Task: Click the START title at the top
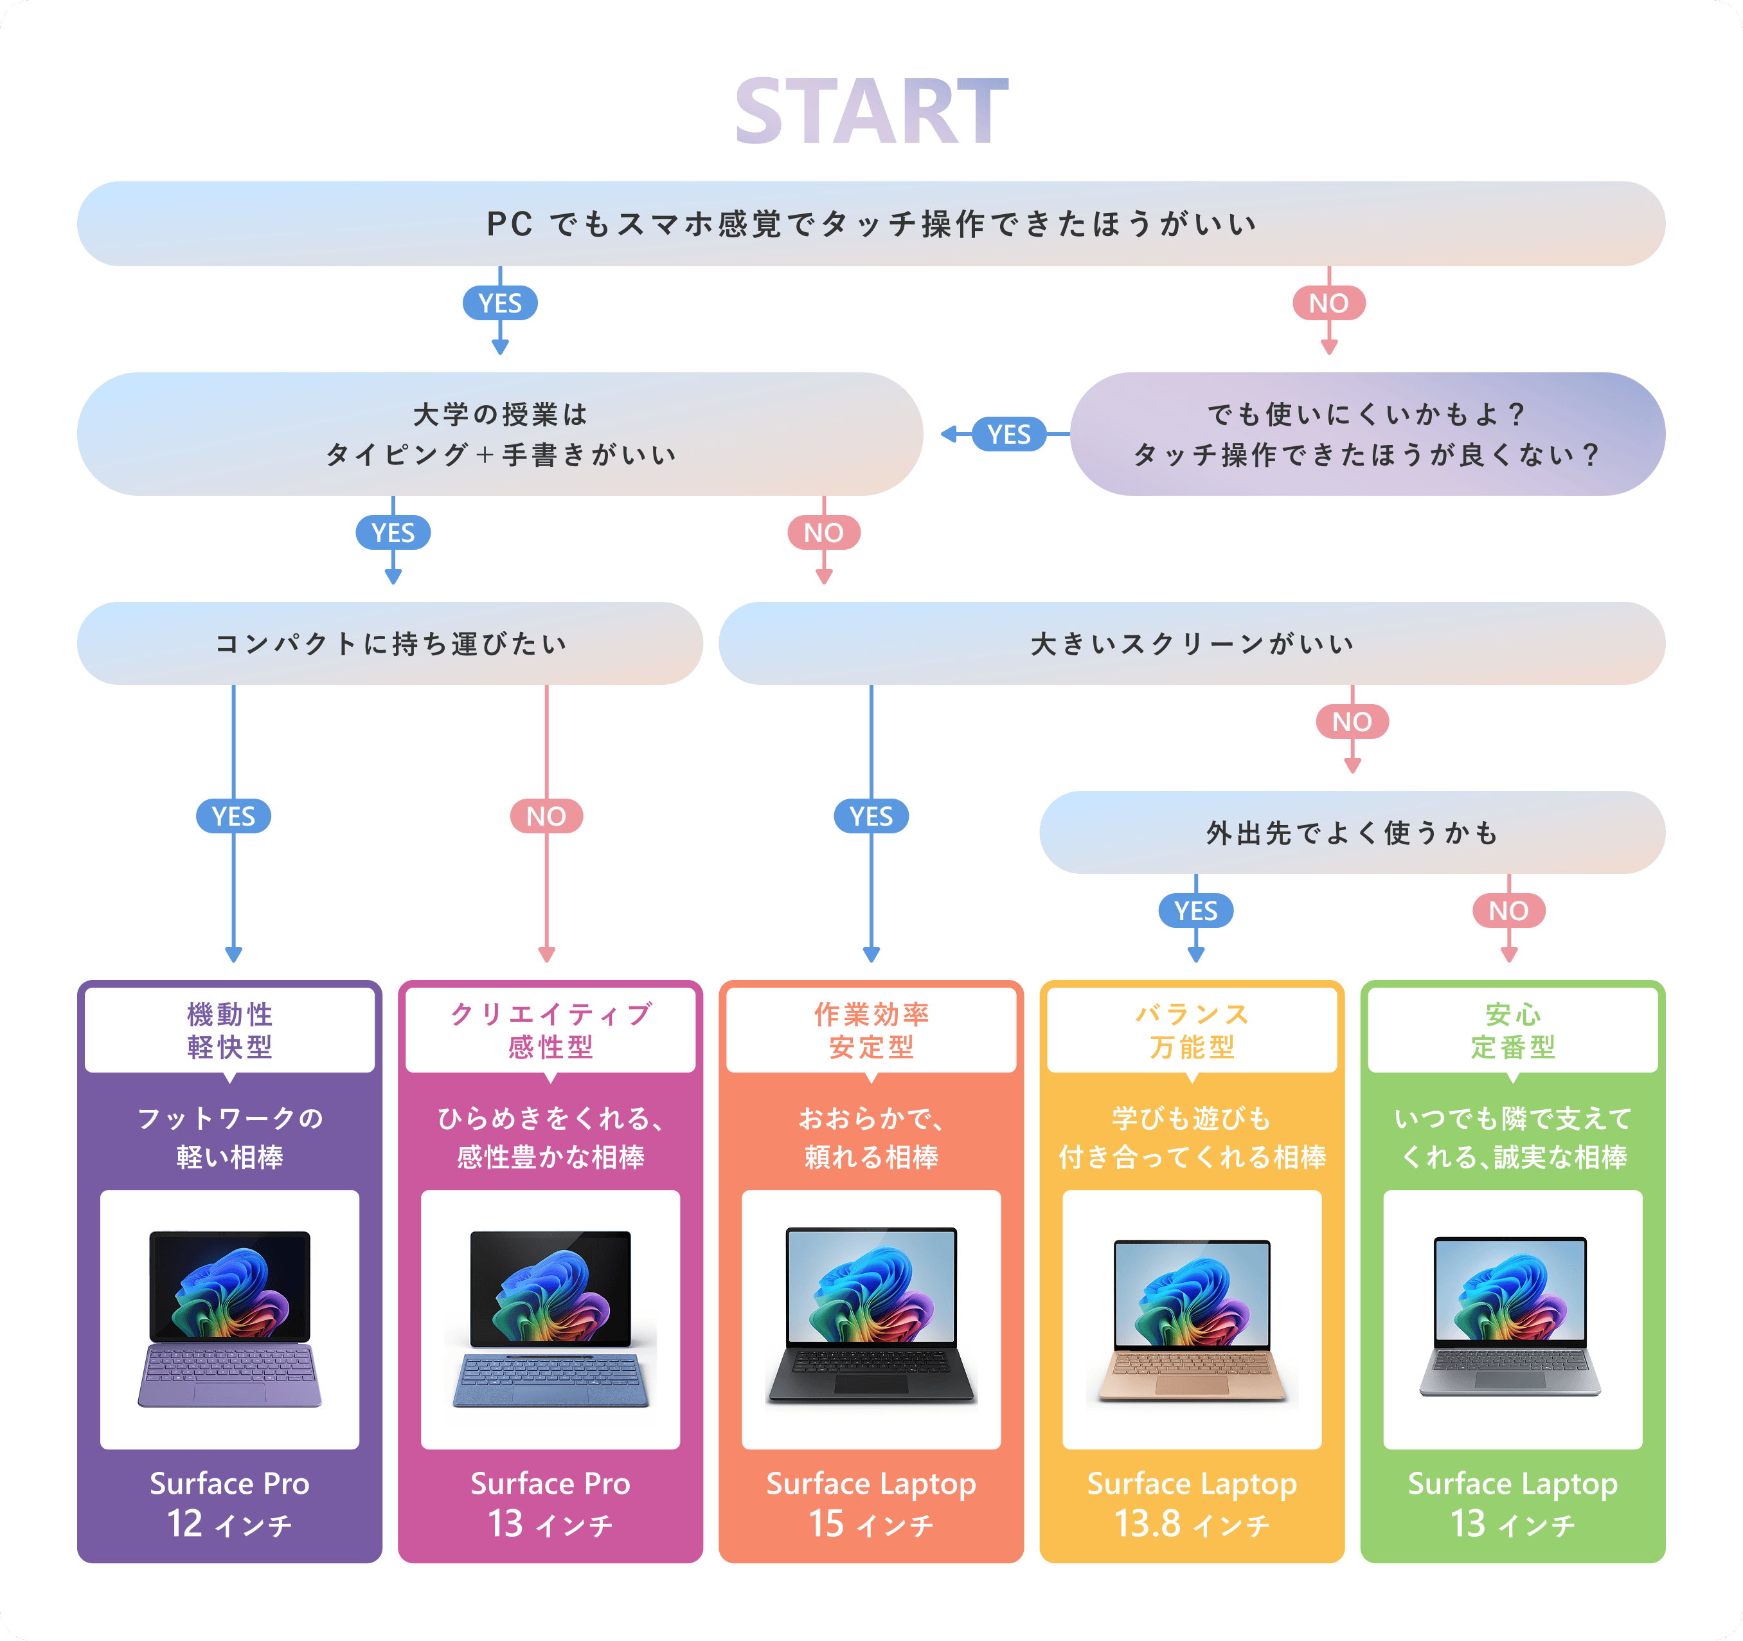[871, 111]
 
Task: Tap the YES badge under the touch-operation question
[500, 304]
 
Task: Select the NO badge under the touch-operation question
[1328, 304]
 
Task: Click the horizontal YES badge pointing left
[1008, 434]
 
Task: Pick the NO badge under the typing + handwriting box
[823, 532]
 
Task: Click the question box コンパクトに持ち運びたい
[390, 644]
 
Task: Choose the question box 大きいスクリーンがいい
[1192, 644]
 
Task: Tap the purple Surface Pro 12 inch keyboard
[229, 1376]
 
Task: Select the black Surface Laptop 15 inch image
[871, 1316]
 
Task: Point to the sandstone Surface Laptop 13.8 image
[1192, 1320]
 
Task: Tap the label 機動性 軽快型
[229, 1031]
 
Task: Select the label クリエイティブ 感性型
[551, 1031]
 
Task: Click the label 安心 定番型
[1512, 1031]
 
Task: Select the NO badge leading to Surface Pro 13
[546, 817]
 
